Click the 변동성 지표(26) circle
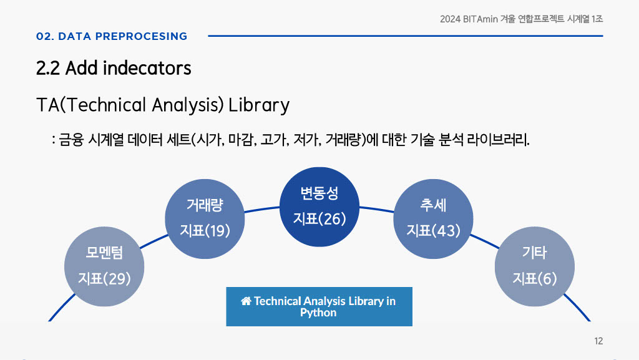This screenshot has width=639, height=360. [x=319, y=207]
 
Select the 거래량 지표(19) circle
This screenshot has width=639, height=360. [x=205, y=219]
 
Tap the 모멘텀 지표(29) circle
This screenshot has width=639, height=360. [x=104, y=266]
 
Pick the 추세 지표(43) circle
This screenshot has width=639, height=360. [x=433, y=219]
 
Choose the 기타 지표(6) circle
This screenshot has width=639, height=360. [x=535, y=266]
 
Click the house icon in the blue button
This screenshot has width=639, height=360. [x=246, y=301]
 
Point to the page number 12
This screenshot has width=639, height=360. [x=598, y=341]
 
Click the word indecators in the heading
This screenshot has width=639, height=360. [x=147, y=68]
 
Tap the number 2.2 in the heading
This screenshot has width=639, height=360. [x=48, y=68]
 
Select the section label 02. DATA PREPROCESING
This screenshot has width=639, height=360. [x=112, y=36]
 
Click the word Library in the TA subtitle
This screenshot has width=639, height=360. [x=259, y=105]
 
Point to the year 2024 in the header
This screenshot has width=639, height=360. [x=450, y=19]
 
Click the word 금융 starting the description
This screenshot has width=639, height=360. [x=71, y=140]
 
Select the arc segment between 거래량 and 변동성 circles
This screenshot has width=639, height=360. [x=262, y=209]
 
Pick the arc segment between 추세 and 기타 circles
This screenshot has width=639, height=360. [x=484, y=241]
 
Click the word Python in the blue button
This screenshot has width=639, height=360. [x=318, y=313]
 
